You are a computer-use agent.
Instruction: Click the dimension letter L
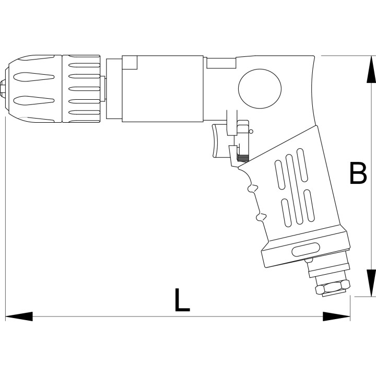tap(182, 300)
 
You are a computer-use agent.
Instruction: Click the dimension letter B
tap(358, 173)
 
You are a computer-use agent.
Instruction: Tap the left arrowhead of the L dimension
tap(19, 316)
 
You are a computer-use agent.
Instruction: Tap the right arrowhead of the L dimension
tap(336, 316)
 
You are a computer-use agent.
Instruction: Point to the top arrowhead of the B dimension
tap(371, 69)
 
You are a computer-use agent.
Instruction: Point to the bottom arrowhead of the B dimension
tap(371, 283)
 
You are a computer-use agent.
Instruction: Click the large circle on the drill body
tap(260, 89)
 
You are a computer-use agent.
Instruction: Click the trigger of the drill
tap(219, 141)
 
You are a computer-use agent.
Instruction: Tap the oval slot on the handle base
tap(305, 250)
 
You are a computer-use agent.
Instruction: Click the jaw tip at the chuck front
tap(3, 88)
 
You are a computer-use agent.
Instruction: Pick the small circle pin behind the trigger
tap(251, 132)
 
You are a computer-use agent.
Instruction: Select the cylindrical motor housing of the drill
tap(162, 89)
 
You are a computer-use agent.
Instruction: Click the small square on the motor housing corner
tap(130, 62)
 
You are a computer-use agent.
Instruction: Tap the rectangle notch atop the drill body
tap(221, 63)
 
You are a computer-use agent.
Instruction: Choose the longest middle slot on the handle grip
tap(294, 190)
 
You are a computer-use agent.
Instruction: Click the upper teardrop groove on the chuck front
tap(33, 77)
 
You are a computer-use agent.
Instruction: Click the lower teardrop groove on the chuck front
tap(33, 100)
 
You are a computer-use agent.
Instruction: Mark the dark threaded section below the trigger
tap(243, 158)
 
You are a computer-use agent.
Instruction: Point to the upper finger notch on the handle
tap(252, 188)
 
